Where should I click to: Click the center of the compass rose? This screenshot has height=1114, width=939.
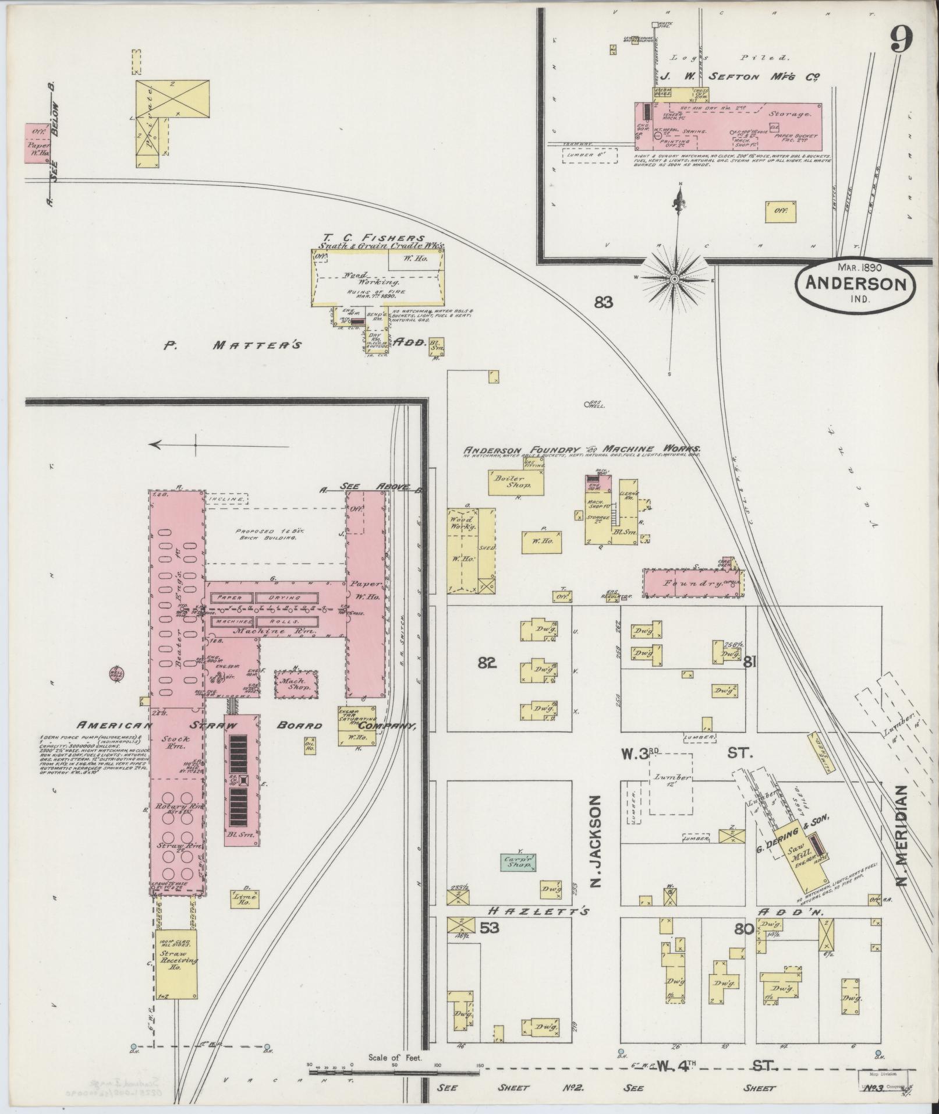pyautogui.click(x=674, y=279)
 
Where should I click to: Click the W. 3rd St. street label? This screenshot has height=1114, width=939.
pyautogui.click(x=687, y=753)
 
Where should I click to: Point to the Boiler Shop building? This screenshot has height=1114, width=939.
pyautogui.click(x=516, y=482)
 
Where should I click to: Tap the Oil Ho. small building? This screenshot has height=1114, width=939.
pyautogui.click(x=309, y=744)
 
